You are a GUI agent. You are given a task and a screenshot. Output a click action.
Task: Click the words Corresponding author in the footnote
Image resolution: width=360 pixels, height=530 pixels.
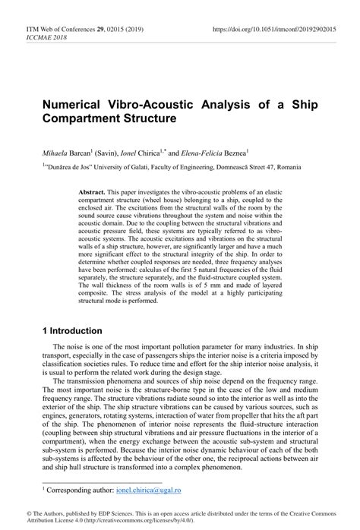click(x=78, y=491)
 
